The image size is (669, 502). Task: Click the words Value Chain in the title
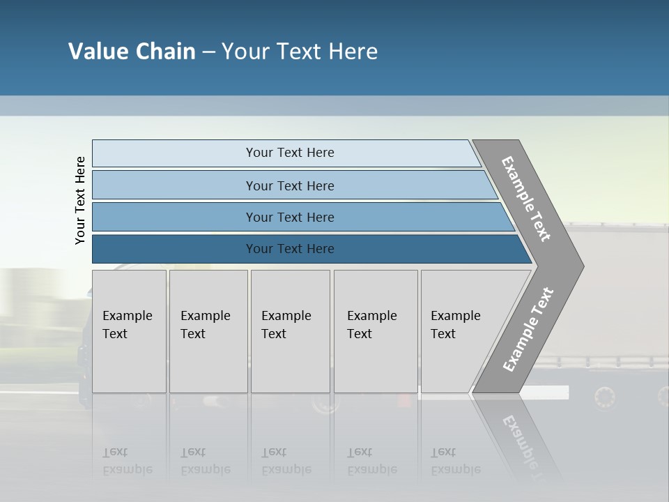pos(132,52)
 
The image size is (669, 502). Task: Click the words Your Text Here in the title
pos(300,52)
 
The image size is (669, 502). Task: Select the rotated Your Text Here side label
pos(80,200)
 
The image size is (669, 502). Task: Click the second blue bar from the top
pos(289,185)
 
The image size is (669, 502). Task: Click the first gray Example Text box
pos(129,331)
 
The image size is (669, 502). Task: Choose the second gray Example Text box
pos(208,331)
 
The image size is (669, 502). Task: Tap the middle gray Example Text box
pos(290,331)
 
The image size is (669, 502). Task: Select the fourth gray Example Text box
pos(375,331)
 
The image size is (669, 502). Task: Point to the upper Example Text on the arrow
pos(525,199)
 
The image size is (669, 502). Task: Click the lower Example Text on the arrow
pos(528,329)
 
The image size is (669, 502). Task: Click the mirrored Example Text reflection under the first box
pos(128,461)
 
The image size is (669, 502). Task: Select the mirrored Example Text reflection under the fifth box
pos(456,461)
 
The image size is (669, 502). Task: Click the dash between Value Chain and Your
pos(208,52)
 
